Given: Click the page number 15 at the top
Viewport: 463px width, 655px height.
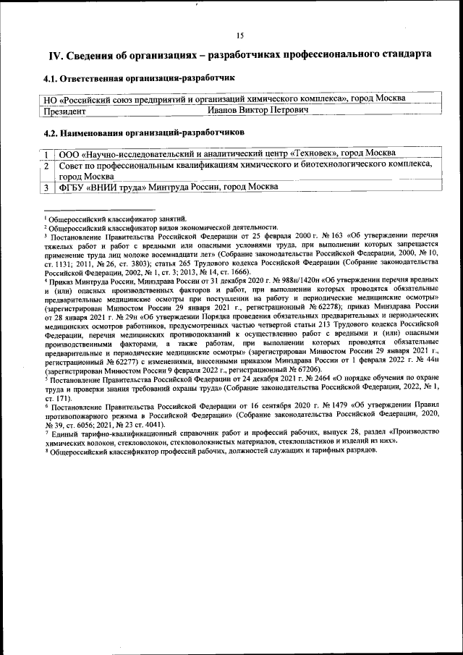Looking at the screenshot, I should click(x=240, y=35).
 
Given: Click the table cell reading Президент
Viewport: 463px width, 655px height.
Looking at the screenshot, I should click(x=65, y=111).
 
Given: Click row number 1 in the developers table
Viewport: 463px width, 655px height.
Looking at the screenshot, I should click(x=46, y=153).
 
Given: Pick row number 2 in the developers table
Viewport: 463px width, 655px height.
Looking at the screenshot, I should click(x=46, y=165).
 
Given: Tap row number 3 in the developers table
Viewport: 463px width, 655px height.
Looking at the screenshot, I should click(x=46, y=187).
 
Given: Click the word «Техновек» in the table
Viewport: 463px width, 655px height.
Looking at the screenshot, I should click(x=313, y=153).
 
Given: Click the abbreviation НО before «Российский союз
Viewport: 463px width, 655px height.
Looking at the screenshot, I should click(x=51, y=98).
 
